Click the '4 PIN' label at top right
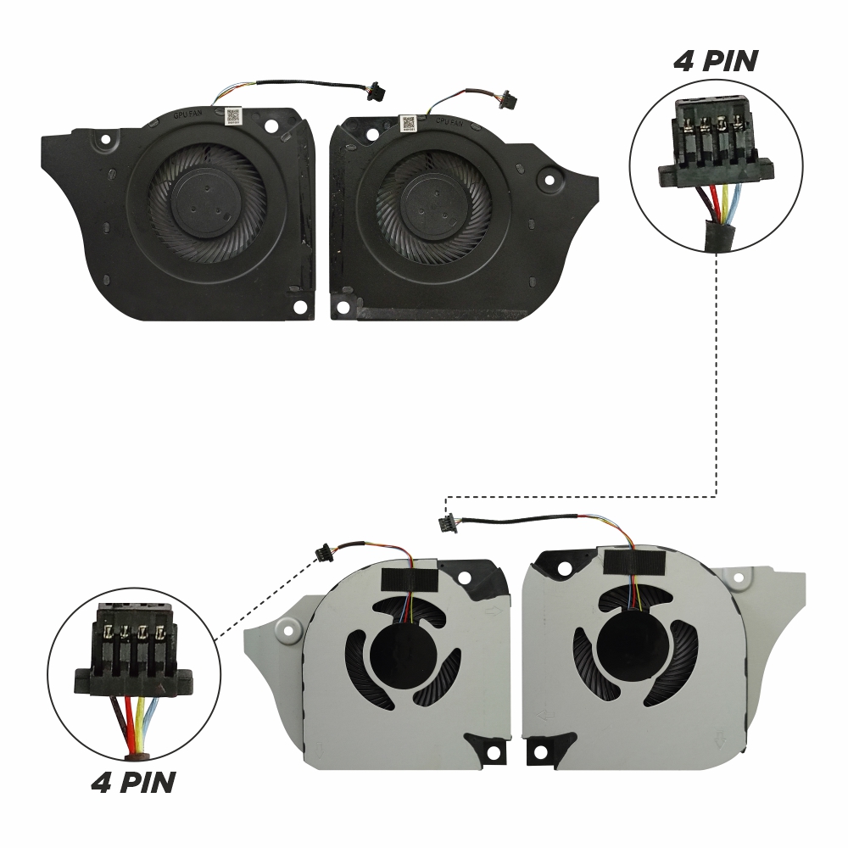[x=716, y=62]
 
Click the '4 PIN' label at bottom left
[x=133, y=781]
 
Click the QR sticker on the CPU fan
[x=410, y=124]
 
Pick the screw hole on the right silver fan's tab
[x=743, y=579]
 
